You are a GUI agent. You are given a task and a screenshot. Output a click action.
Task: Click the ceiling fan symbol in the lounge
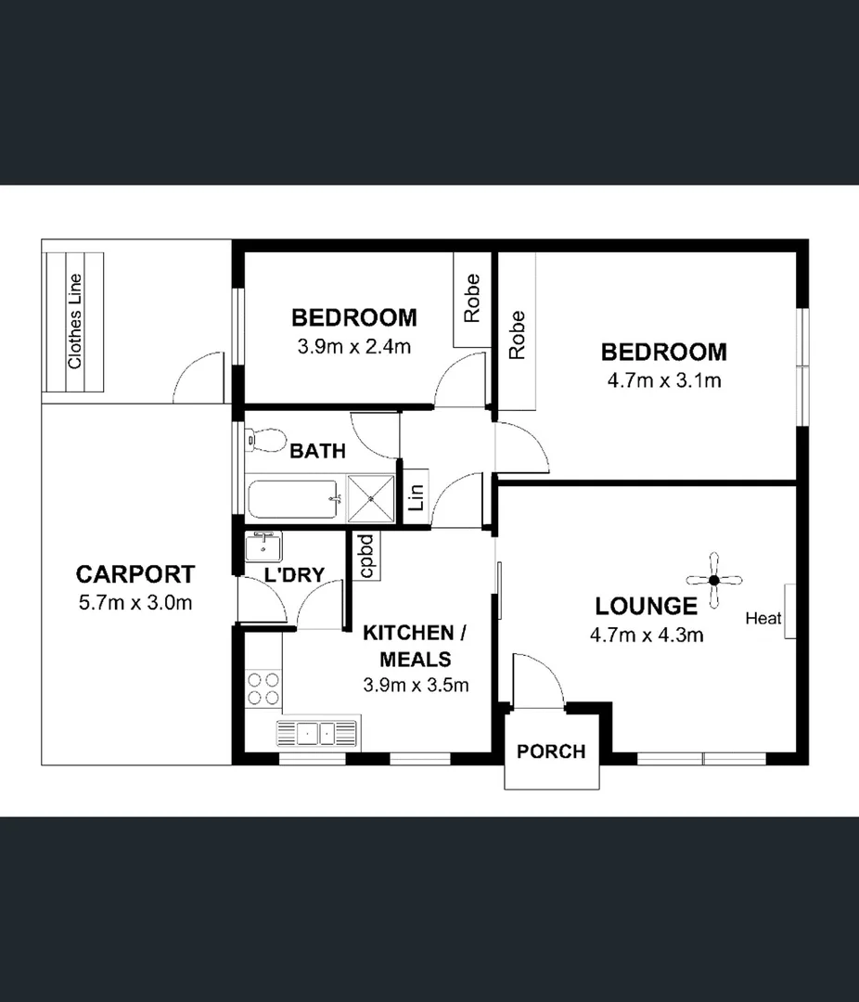point(713,581)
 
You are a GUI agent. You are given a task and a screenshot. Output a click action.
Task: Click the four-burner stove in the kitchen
point(263,687)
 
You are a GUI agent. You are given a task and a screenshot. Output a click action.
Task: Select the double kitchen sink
point(317,733)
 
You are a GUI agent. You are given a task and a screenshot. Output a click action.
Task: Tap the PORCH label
point(551,751)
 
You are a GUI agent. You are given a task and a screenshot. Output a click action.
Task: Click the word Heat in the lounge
point(763,619)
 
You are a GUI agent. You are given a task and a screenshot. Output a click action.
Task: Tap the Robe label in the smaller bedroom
point(472,298)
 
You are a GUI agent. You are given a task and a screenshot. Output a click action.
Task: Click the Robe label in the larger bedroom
point(517,335)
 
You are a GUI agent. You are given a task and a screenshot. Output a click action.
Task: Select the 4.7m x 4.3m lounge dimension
point(646,636)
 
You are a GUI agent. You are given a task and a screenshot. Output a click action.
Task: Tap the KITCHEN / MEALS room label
point(414,646)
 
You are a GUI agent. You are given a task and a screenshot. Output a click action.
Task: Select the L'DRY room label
point(294,575)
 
